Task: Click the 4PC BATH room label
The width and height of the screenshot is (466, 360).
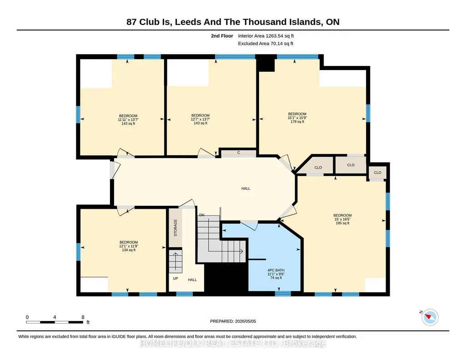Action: click(276, 274)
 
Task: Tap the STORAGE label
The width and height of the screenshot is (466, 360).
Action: click(175, 228)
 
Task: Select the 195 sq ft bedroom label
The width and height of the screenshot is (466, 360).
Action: click(342, 219)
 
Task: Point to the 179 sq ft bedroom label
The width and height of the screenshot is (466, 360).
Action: click(297, 118)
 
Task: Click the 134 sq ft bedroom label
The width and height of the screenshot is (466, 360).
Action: click(129, 246)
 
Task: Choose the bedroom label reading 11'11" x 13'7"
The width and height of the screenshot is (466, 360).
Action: click(128, 120)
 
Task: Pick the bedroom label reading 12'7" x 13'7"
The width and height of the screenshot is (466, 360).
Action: click(200, 119)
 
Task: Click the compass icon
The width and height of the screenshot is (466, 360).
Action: click(430, 317)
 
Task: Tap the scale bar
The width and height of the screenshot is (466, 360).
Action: click(55, 322)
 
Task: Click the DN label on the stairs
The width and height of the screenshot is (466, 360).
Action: click(202, 215)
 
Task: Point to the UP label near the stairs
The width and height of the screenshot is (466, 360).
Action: click(175, 278)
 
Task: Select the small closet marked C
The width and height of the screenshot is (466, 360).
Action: click(239, 153)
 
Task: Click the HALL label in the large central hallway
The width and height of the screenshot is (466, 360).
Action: click(246, 188)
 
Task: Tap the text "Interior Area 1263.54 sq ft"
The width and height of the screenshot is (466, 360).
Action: click(266, 36)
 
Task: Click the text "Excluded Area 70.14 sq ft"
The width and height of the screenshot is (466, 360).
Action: click(266, 43)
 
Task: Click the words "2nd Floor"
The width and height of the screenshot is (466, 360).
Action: click(222, 36)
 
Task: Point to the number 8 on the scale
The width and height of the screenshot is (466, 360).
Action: click(83, 317)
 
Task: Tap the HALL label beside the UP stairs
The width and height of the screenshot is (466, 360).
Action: click(192, 280)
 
